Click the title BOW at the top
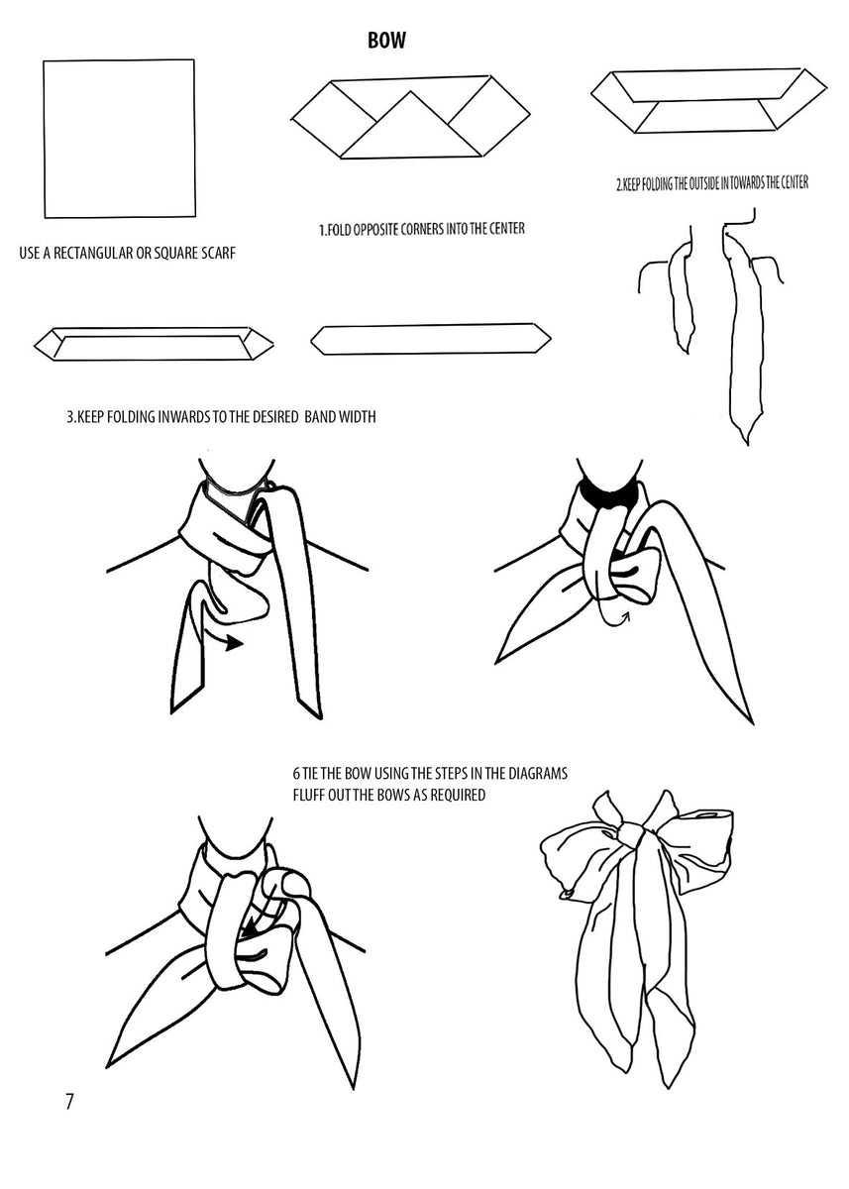386,41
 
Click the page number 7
69,1102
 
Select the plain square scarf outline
118,138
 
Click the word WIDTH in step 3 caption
355,417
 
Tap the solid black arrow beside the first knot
231,643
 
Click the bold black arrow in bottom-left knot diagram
256,929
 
